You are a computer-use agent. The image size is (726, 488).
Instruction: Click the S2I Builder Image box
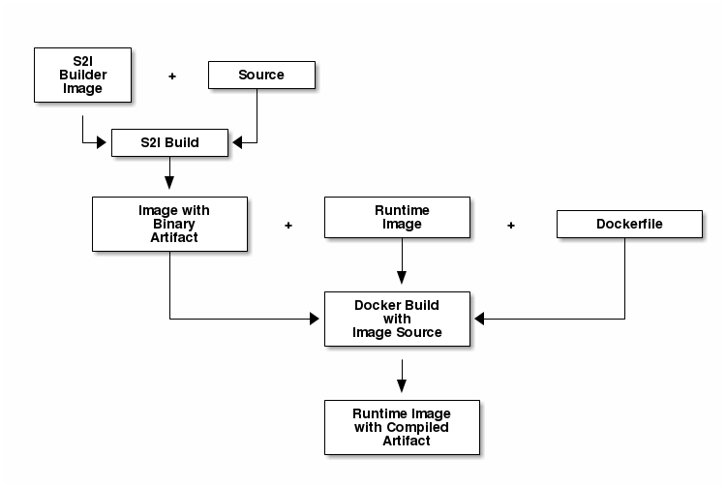point(82,75)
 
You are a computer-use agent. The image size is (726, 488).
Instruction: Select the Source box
point(261,75)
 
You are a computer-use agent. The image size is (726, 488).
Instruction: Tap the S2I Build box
point(169,142)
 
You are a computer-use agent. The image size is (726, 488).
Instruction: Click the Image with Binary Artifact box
point(169,223)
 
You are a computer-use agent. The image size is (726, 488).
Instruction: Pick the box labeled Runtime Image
point(397,217)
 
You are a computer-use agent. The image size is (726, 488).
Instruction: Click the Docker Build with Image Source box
point(397,319)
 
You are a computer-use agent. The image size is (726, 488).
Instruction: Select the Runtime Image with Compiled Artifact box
point(402,427)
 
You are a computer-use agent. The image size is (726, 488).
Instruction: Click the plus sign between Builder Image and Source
point(172,76)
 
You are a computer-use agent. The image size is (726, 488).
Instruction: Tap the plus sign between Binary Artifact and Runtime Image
point(287,225)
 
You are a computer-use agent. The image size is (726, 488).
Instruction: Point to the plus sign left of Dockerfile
point(511,225)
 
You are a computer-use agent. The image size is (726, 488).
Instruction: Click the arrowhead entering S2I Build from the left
point(106,143)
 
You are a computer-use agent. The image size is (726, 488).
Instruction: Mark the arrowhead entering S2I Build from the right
point(234,143)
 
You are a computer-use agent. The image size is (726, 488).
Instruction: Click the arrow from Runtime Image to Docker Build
point(402,263)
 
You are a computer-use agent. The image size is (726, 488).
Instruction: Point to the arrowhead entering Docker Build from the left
point(318,319)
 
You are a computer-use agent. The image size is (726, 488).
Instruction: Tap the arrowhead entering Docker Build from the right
point(477,319)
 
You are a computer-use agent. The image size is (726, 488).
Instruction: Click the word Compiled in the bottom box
point(419,427)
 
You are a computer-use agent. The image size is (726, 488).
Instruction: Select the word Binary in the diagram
point(174,224)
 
